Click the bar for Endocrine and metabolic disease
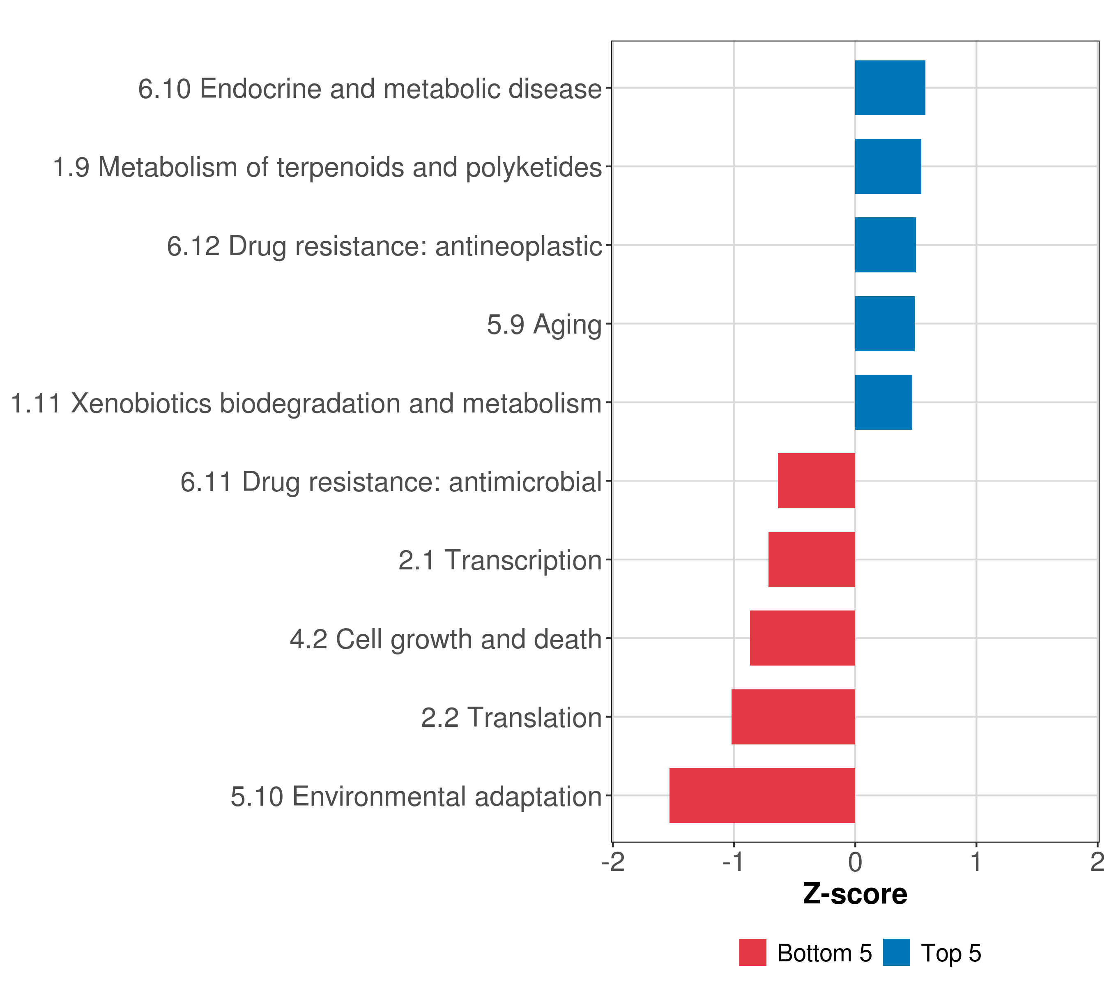pos(890,88)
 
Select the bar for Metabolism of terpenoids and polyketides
pos(888,167)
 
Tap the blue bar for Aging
pos(884,324)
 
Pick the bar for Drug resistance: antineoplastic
pos(885,245)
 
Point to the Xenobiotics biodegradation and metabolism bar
pos(883,402)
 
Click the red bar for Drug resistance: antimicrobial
pos(816,481)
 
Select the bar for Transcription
pos(812,560)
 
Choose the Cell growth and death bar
pos(803,638)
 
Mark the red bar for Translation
pos(793,717)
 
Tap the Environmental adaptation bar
pos(762,795)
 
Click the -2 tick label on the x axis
pos(613,862)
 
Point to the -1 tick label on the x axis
pos(734,862)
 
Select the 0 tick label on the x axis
pos(855,862)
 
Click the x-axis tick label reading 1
pos(976,862)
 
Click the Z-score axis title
pos(855,894)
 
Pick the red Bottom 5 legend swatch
pos(752,953)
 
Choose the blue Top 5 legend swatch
pos(896,953)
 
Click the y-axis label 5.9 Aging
pos(544,325)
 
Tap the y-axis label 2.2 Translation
pos(511,718)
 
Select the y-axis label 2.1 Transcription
pos(500,560)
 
